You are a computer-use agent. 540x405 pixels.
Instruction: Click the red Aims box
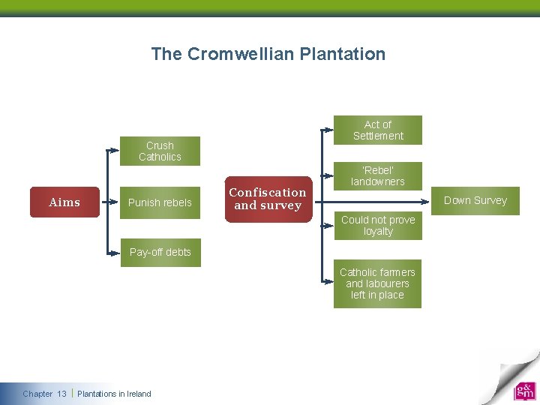click(x=64, y=202)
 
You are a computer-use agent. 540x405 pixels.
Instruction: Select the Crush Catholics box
click(x=160, y=151)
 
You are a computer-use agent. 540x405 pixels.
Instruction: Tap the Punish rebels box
click(x=160, y=202)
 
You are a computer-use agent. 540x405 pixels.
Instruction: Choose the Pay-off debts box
click(x=160, y=252)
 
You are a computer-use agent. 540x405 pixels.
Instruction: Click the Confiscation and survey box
click(x=268, y=199)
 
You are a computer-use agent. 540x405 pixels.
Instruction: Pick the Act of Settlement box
click(x=378, y=130)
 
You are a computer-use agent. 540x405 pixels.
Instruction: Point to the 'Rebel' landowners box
click(x=378, y=175)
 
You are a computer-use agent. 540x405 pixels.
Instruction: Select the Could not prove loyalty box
click(x=378, y=226)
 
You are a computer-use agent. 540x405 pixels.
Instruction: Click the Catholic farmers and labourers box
click(x=377, y=283)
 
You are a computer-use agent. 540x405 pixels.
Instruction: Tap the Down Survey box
click(x=475, y=200)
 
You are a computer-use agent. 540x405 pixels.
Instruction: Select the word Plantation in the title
click(x=342, y=54)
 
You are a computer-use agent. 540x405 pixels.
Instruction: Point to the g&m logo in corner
click(x=524, y=391)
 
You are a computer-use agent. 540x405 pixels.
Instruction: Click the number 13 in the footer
click(x=61, y=394)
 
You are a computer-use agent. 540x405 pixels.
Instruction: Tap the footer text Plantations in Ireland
click(x=114, y=394)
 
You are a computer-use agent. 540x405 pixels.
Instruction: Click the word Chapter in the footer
click(x=37, y=394)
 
